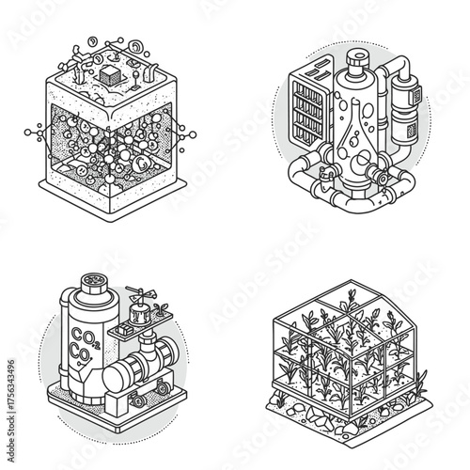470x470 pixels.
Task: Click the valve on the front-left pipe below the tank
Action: (x=324, y=175)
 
